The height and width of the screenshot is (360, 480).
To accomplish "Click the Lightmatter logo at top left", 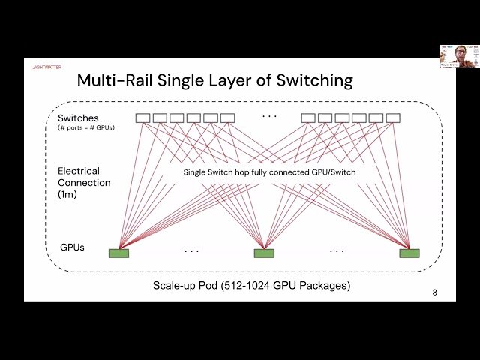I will pyautogui.click(x=46, y=67).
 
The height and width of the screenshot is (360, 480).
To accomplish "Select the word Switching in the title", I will pyautogui.click(x=308, y=80).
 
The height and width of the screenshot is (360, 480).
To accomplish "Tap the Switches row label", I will pyautogui.click(x=78, y=118).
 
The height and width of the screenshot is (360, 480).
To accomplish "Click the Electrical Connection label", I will pyautogui.click(x=84, y=177).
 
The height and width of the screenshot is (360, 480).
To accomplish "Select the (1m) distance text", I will pyautogui.click(x=68, y=193).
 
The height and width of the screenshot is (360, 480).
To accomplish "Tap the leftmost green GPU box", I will pyautogui.click(x=118, y=253).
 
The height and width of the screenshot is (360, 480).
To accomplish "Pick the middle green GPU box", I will pyautogui.click(x=264, y=253).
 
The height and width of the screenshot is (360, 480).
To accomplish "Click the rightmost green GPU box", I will pyautogui.click(x=409, y=253).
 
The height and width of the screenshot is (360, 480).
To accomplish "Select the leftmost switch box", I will pyautogui.click(x=142, y=118).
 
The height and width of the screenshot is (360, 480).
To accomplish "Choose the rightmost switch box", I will pyautogui.click(x=393, y=118).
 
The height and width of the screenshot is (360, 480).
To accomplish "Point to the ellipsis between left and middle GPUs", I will pyautogui.click(x=191, y=250).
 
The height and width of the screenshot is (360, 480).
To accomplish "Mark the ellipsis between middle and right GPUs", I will pyautogui.click(x=337, y=250).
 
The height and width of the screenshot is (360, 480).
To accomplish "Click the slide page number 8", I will pyautogui.click(x=435, y=292).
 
